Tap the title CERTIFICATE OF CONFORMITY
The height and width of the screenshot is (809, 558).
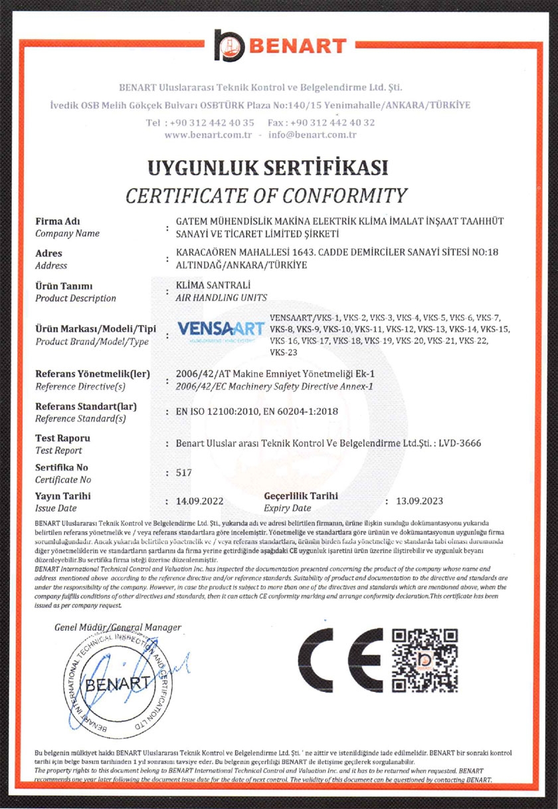tap(266, 195)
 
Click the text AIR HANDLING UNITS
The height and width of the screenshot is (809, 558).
tap(221, 297)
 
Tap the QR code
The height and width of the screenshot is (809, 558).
tap(424, 661)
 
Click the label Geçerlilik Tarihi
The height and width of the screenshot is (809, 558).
tap(301, 496)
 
